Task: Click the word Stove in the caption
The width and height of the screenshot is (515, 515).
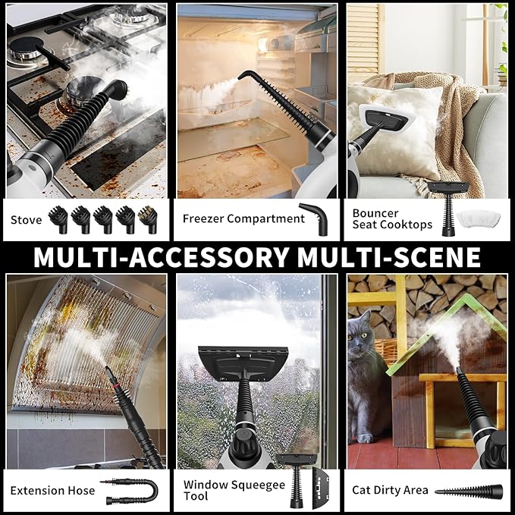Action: (27, 220)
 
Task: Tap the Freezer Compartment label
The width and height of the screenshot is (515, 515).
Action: (243, 219)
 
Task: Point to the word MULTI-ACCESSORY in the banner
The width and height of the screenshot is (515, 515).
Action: (161, 257)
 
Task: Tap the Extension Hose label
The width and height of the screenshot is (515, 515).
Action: (53, 491)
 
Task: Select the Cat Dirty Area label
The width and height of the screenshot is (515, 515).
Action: (390, 491)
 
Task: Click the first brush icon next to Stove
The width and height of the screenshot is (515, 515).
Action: (58, 219)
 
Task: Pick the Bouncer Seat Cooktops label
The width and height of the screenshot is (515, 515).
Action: (392, 219)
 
